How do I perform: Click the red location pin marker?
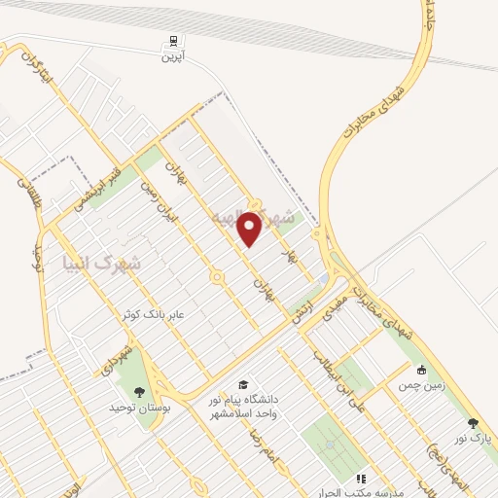point(250,229)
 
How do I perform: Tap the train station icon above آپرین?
point(172,42)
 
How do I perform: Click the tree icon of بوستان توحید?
point(140,393)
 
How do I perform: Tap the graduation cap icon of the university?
point(242,384)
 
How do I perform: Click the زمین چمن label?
point(420,385)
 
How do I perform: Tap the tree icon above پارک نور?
point(473,423)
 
